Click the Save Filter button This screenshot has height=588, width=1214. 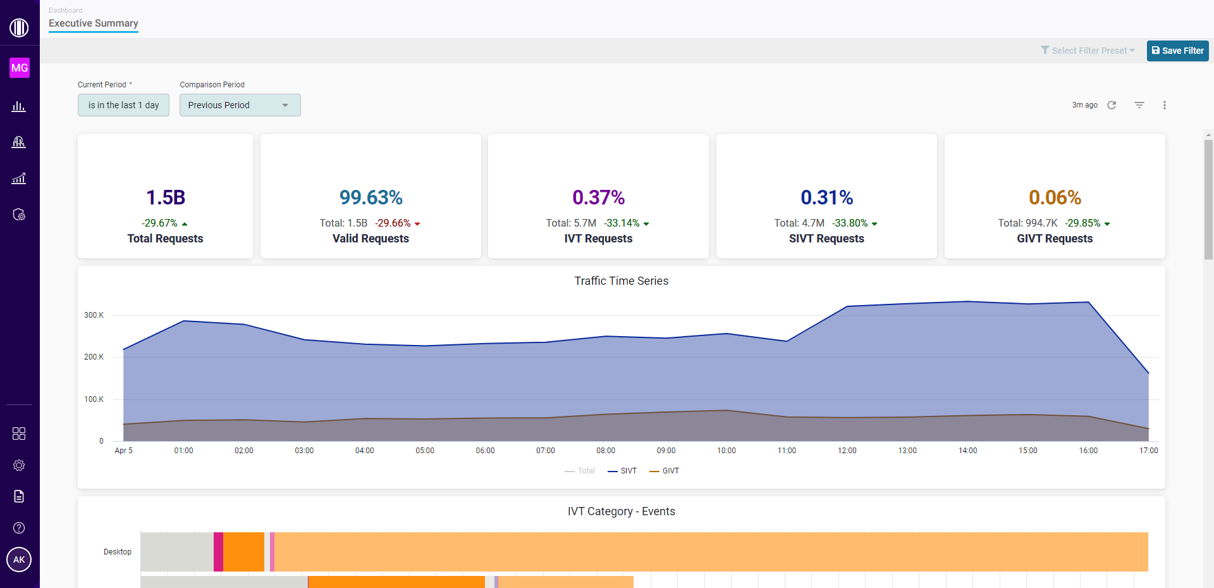click(1177, 51)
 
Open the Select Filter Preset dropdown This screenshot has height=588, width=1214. click(1088, 51)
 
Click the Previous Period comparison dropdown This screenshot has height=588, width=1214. click(240, 105)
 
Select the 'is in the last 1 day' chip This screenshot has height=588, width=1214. click(123, 105)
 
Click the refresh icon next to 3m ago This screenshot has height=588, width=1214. click(1112, 105)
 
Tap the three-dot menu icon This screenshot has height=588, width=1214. click(1164, 105)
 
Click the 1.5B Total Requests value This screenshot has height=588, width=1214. click(166, 197)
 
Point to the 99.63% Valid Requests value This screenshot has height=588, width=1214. click(371, 197)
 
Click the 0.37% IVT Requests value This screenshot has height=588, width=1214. click(598, 197)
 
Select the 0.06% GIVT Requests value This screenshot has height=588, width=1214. click(1055, 197)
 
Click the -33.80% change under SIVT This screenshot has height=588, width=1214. click(850, 223)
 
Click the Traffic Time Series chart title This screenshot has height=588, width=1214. click(621, 281)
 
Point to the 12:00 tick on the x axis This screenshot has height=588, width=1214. click(847, 451)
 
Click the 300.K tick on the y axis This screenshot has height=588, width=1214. click(94, 315)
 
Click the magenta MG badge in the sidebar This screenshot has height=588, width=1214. click(20, 68)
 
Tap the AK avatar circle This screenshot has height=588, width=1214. click(19, 560)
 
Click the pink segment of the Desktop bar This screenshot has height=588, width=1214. click(218, 552)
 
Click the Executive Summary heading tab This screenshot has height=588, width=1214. click(94, 23)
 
